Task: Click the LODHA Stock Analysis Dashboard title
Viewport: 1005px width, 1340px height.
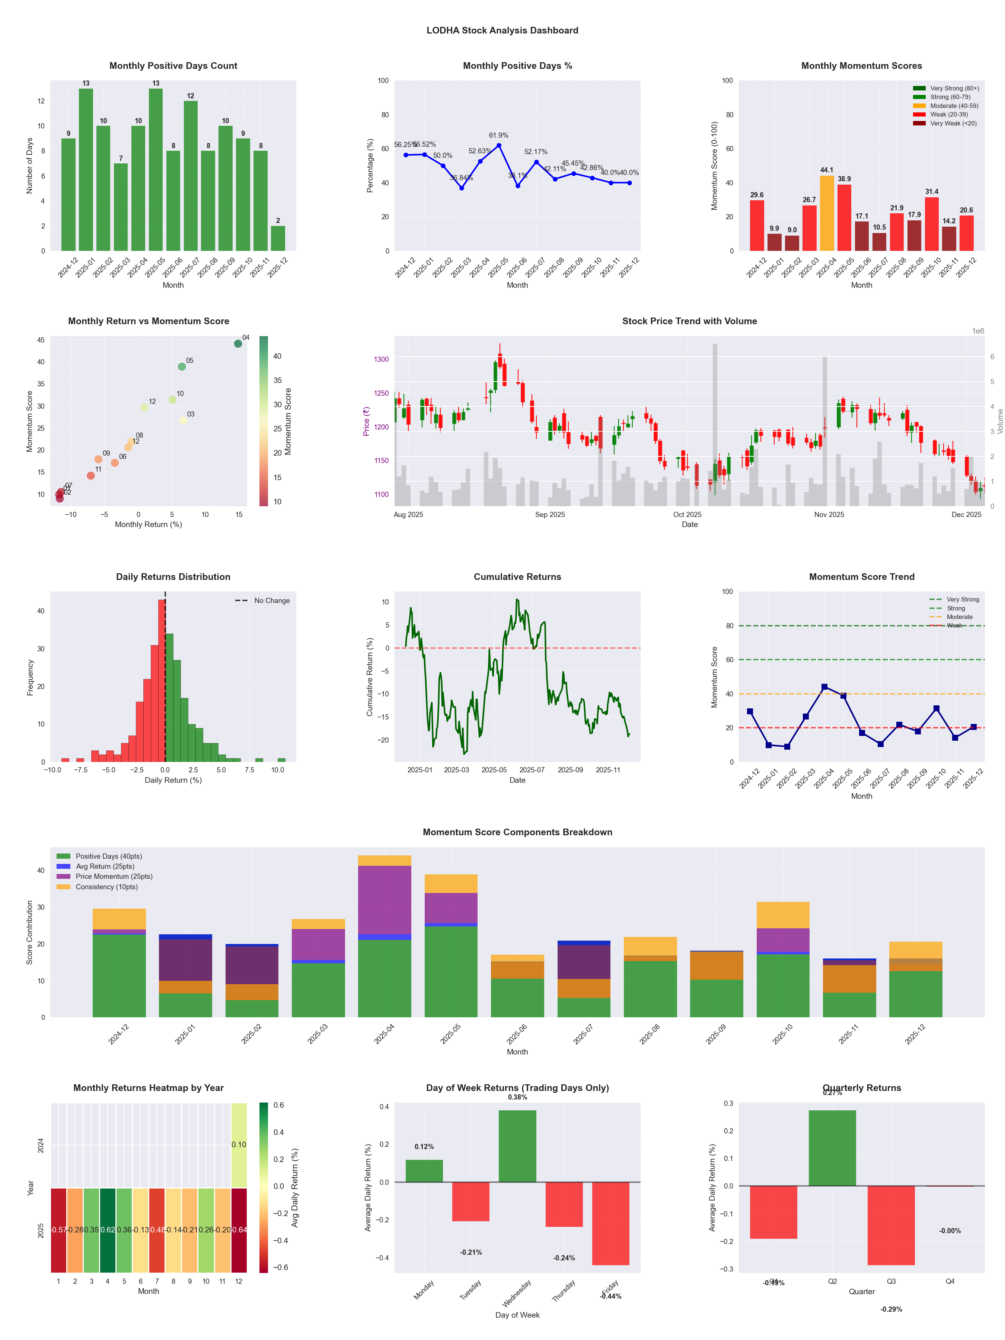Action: point(502,30)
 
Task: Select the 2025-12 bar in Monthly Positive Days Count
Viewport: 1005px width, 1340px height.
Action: point(278,238)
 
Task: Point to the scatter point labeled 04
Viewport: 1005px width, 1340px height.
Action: point(238,344)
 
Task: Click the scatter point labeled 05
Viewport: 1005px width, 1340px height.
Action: point(182,367)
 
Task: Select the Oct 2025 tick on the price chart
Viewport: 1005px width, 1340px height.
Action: point(687,515)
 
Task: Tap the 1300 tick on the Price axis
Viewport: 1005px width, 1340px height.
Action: point(382,359)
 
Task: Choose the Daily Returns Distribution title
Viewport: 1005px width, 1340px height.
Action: point(173,577)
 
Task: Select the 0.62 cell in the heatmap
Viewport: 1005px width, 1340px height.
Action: point(108,1230)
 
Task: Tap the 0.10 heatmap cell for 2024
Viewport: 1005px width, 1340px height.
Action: point(239,1144)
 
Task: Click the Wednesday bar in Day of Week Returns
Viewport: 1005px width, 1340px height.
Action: point(517,1146)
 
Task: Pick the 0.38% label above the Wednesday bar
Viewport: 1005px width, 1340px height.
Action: point(517,1097)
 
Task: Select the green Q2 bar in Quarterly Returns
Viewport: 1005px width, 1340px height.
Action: point(832,1148)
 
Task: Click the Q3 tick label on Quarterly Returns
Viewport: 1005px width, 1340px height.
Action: point(891,1281)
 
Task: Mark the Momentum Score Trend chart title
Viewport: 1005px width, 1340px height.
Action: point(861,577)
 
